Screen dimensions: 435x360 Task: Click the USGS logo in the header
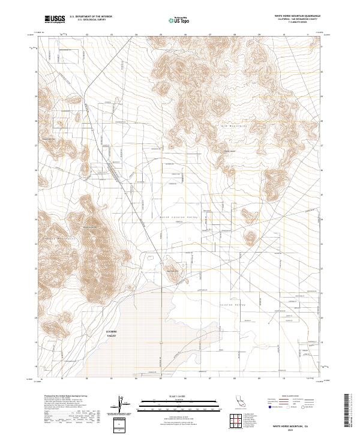tap(55, 19)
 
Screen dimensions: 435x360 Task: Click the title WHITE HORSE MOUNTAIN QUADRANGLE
tap(298, 16)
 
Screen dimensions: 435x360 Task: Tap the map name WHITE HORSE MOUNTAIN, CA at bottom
tap(297, 425)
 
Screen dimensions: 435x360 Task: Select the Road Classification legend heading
tap(285, 397)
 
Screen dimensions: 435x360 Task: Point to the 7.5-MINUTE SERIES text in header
tap(298, 23)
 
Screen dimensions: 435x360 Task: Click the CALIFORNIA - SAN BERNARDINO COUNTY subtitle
tap(298, 19)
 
